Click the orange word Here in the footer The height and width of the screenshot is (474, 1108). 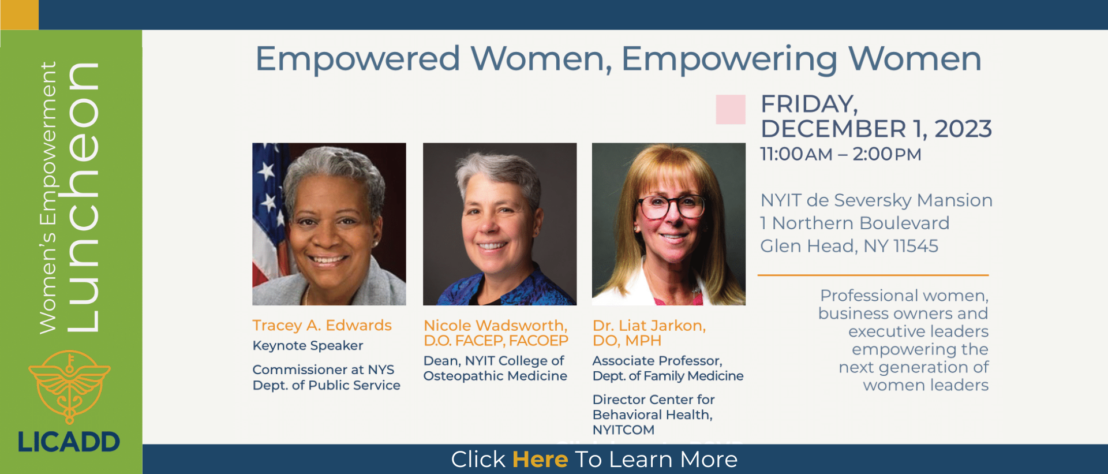point(540,460)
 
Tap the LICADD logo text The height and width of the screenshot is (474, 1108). point(69,442)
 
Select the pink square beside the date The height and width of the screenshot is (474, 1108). point(731,110)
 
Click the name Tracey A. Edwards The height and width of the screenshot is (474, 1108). point(322,326)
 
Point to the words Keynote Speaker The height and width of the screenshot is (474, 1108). point(308,346)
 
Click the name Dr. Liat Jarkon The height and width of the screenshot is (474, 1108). point(649,326)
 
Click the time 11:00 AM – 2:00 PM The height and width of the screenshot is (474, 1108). point(840,154)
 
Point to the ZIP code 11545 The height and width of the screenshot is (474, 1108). point(915,246)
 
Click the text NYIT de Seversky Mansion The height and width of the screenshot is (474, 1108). point(876,200)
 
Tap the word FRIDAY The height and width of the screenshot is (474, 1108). point(809,104)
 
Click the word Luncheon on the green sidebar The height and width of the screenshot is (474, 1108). point(83,196)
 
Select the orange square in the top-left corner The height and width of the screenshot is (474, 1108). point(20,14)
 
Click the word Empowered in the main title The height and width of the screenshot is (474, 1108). point(358,59)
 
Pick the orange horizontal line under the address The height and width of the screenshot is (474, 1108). point(873,275)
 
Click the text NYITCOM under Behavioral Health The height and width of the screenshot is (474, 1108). point(623,430)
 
